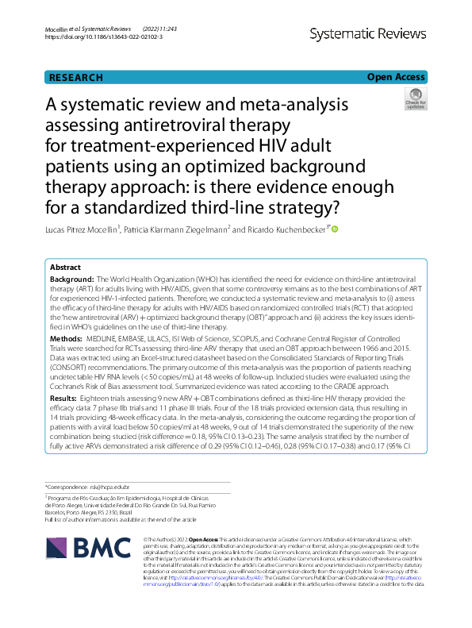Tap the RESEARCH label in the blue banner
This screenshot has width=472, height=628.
(x=76, y=78)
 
